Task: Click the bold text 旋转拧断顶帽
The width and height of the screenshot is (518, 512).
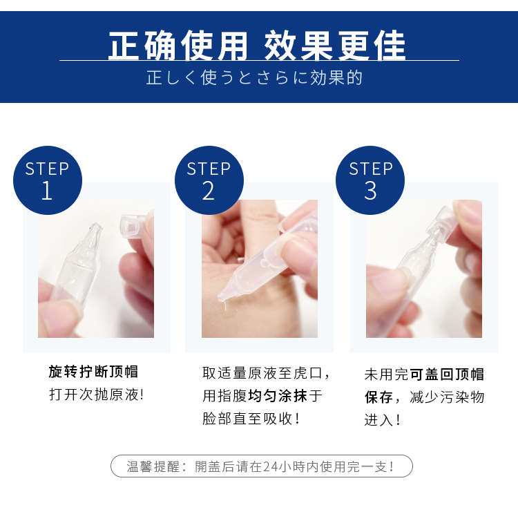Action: [93, 372]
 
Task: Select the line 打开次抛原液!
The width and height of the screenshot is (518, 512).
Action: [96, 395]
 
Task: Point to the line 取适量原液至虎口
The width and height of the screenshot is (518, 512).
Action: [266, 373]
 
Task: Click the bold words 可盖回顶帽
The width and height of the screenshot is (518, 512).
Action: [447, 374]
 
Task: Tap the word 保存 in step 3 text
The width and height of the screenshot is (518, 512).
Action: [378, 397]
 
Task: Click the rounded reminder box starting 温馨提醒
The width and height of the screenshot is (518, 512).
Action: [261, 466]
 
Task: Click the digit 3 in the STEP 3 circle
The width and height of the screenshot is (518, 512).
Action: [370, 191]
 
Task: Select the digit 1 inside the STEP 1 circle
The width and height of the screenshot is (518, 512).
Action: [47, 191]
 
